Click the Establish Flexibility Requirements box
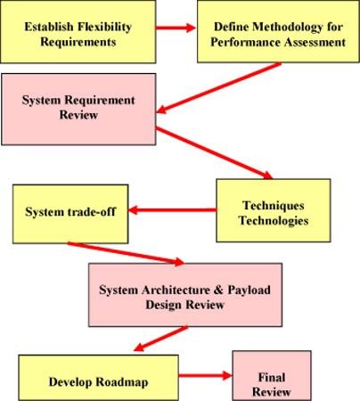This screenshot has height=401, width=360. coord(78,31)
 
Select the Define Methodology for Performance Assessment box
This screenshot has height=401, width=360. coord(278,31)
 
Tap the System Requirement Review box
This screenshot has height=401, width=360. coord(78,110)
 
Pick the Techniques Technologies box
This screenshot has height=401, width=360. coord(274,210)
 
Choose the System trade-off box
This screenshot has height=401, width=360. coord(70,214)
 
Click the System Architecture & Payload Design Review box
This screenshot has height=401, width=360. coord(185,295)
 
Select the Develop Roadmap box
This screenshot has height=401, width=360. coord(98,378)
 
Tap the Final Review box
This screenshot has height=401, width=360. coord(272,376)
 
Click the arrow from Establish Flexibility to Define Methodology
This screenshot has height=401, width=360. coord(176,28)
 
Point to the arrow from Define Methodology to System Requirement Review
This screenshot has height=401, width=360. coord(218,88)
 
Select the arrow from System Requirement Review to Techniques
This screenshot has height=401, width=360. coord(214,153)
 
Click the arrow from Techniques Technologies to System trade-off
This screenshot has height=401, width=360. coord(173,210)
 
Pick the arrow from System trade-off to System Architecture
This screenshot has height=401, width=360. coord(126,253)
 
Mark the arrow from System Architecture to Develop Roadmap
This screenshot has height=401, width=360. coord(160,339)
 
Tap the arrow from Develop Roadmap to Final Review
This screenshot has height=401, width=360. coord(205,375)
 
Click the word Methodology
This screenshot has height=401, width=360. coord(288,27)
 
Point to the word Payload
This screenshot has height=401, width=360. coord(249,290)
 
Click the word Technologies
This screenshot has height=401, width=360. coord(274,221)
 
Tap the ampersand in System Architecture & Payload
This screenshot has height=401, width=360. coord(218,290)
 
